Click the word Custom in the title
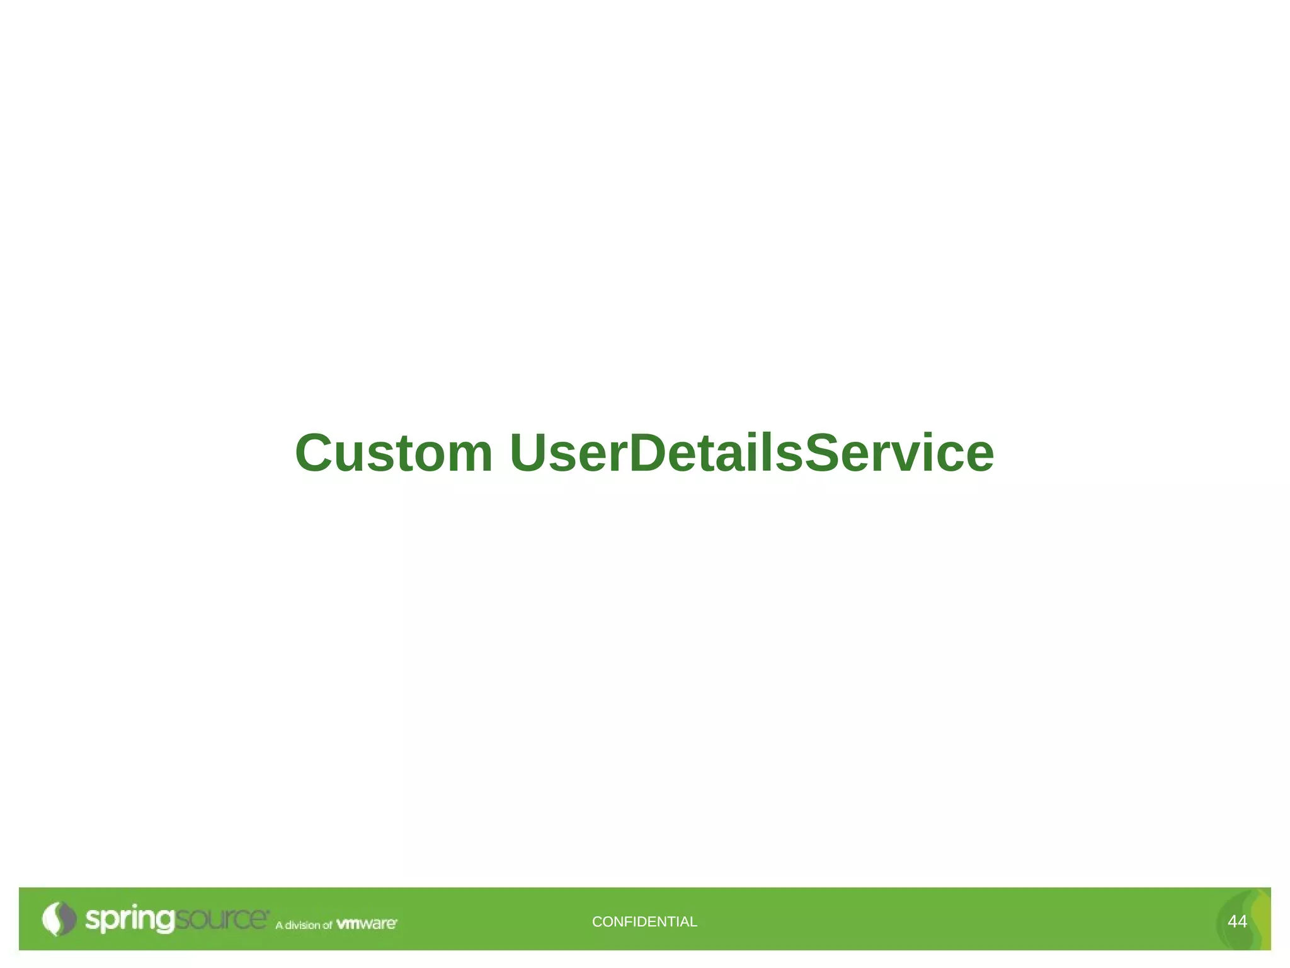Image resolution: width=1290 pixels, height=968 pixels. (x=394, y=453)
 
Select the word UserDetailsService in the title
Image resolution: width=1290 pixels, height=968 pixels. (x=752, y=453)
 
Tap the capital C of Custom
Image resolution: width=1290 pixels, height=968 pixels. (x=316, y=453)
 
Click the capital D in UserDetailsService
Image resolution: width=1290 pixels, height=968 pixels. (x=651, y=453)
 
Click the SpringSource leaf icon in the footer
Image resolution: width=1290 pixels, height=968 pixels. (x=59, y=919)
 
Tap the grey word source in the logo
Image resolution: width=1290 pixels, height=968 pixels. (x=220, y=919)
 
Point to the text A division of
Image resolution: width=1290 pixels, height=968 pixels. (x=303, y=925)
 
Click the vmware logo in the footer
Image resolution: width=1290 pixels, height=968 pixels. (x=367, y=924)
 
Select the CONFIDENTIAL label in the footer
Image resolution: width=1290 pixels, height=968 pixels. (x=644, y=922)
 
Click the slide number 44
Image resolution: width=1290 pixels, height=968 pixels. (x=1236, y=922)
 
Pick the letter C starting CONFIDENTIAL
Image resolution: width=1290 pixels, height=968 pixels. (x=596, y=922)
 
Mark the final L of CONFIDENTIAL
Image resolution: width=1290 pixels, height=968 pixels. (x=694, y=922)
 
